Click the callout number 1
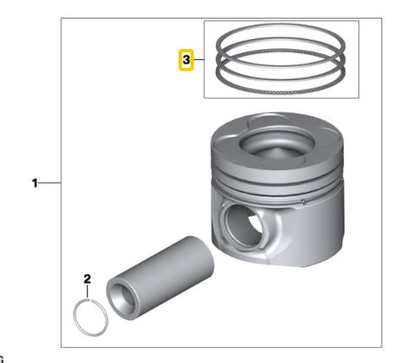point(36,182)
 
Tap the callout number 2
point(86,278)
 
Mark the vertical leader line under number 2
point(86,292)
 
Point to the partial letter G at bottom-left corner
point(3,360)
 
